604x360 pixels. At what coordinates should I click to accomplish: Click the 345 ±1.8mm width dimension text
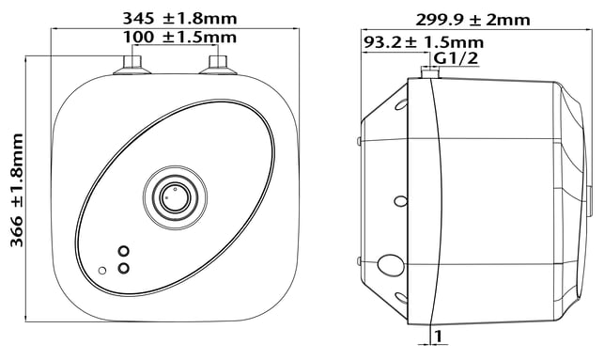(179, 18)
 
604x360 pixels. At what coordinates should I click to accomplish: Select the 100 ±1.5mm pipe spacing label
(179, 37)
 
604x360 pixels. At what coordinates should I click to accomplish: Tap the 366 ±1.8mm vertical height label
(17, 190)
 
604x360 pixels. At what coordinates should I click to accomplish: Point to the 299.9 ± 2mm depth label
(472, 20)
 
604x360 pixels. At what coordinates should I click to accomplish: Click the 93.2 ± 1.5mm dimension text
(424, 42)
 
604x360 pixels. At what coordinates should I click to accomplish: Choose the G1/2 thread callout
(457, 58)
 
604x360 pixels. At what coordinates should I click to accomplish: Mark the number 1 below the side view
(438, 337)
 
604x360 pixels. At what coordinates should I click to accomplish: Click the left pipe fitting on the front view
(132, 65)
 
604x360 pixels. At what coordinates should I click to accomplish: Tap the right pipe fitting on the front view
(218, 65)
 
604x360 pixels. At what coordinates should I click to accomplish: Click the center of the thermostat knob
(175, 197)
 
